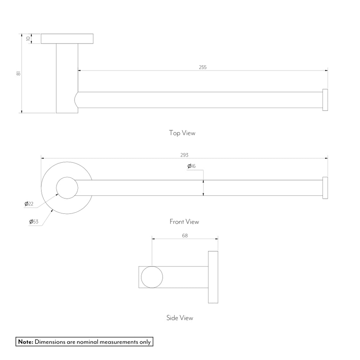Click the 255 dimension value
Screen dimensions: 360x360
(203, 67)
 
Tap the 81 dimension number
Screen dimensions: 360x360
(18, 73)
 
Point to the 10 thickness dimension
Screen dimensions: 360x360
(28, 39)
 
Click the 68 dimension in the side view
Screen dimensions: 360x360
(185, 235)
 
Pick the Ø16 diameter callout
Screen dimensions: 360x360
(191, 166)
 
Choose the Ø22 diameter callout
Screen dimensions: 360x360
(29, 204)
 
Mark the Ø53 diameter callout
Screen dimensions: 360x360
(34, 221)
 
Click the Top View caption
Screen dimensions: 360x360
(182, 133)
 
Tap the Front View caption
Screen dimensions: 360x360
(184, 221)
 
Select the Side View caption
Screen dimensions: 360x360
(180, 318)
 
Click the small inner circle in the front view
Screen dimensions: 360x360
(67, 188)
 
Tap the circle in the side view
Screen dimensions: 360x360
(152, 277)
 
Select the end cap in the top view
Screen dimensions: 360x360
(325, 100)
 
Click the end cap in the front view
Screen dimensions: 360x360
(325, 188)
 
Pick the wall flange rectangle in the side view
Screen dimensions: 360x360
(213, 277)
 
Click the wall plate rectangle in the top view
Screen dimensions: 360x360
(67, 39)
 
